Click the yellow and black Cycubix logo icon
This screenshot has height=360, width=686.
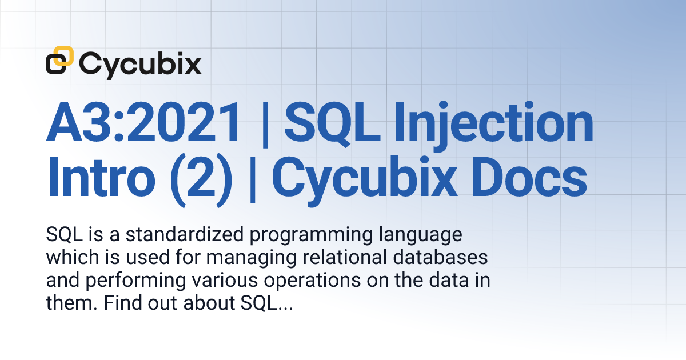tap(60, 61)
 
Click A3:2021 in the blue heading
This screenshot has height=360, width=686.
tap(143, 124)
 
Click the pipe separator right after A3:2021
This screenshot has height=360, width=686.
tap(264, 124)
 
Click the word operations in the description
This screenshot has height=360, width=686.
tap(304, 282)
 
